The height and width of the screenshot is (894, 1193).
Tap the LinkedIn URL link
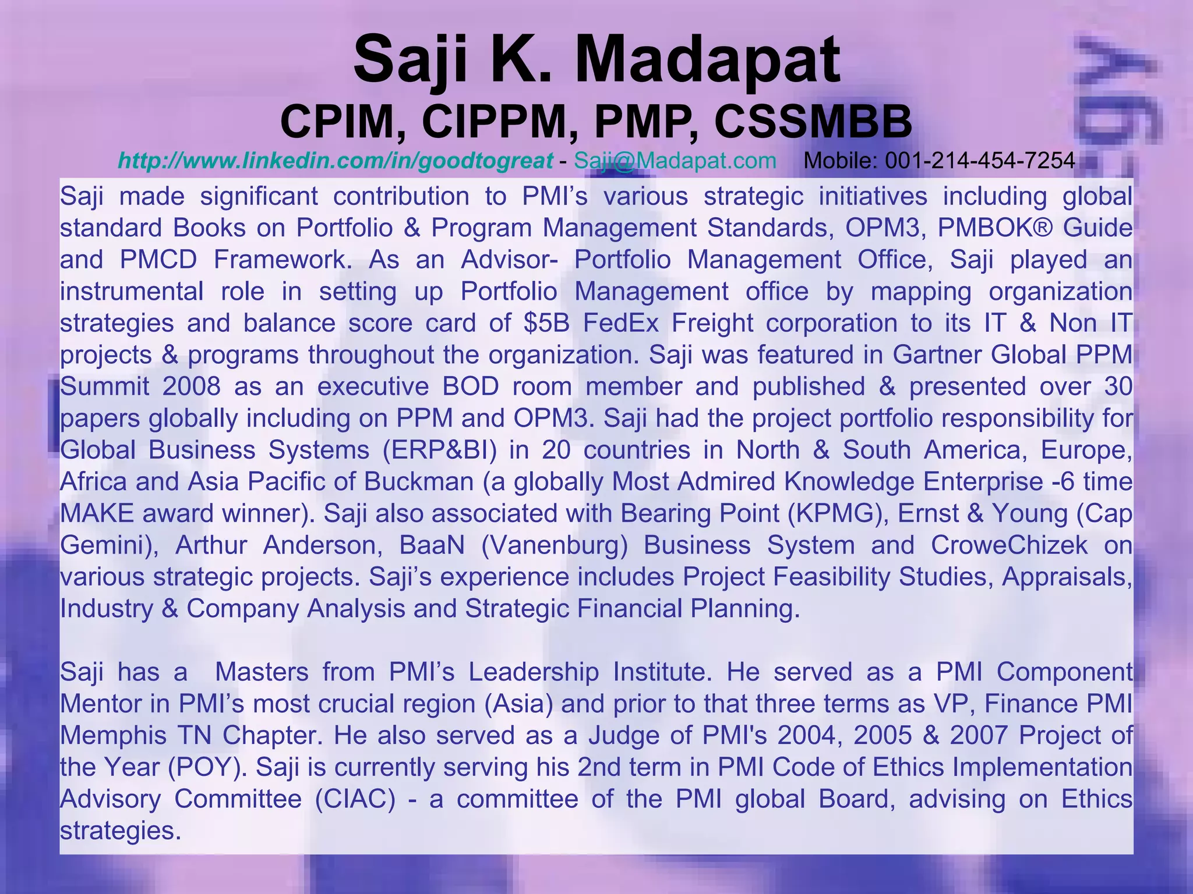336,160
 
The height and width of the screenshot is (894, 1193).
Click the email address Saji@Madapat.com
675,160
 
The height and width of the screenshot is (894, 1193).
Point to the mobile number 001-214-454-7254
980,160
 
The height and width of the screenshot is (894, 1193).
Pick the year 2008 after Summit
192,386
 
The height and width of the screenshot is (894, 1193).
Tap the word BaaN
432,545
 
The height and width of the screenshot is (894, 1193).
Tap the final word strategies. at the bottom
118,831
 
